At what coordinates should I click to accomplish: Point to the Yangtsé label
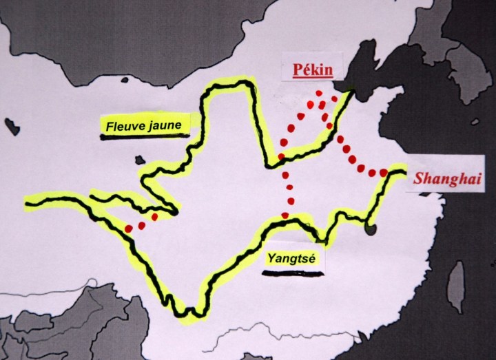(291, 260)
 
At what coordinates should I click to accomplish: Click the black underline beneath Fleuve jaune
(143, 136)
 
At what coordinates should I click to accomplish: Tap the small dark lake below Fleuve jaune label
(141, 160)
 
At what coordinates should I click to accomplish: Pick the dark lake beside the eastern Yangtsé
(371, 226)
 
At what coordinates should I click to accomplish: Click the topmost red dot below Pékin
(318, 92)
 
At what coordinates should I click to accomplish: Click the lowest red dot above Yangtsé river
(287, 216)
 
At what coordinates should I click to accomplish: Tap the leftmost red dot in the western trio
(129, 229)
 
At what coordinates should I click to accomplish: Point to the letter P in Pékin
(296, 70)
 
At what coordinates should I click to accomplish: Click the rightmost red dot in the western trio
(154, 217)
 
